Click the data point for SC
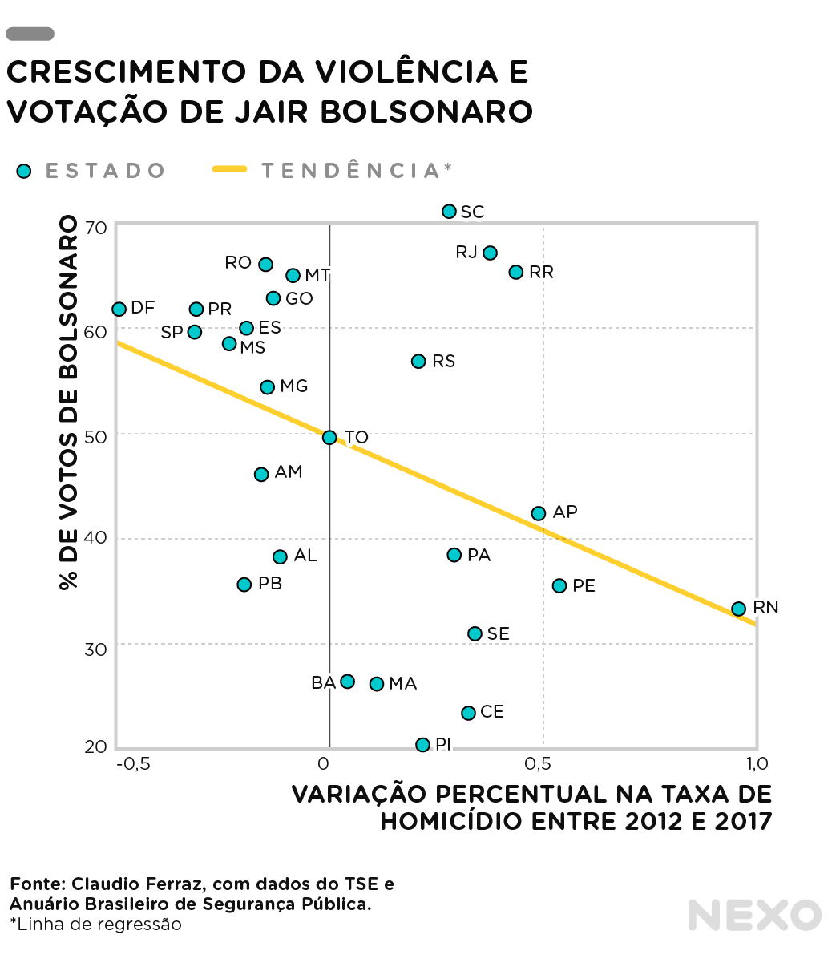pos(449,212)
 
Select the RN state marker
pos(738,609)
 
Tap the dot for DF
pos(119,309)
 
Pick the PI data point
pos(422,745)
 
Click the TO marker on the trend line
pos(329,437)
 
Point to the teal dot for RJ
pos(490,253)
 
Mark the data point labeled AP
pos(539,513)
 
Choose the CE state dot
pos(468,713)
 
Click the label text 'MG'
pos(294,386)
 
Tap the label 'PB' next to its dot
pos(270,584)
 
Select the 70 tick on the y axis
pos(96,228)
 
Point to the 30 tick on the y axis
pos(96,649)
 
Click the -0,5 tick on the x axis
pos(133,763)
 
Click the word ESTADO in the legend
pos(105,171)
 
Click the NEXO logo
pos(754,915)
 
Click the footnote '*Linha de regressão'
pos(95,925)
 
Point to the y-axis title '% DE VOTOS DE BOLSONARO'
pos(70,403)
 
